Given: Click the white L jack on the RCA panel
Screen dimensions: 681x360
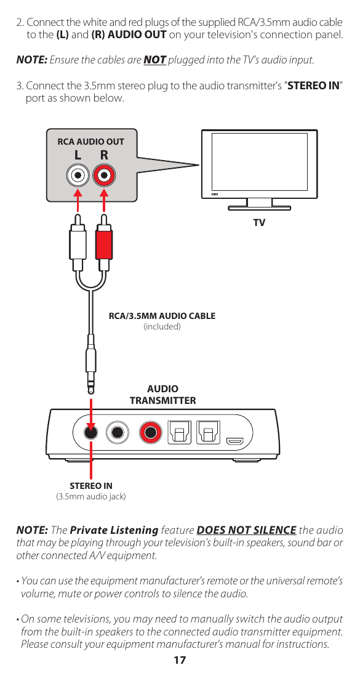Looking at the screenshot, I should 78,175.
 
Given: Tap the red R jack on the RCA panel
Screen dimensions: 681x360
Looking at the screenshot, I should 105,175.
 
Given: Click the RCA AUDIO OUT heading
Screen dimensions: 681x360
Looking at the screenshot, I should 90,142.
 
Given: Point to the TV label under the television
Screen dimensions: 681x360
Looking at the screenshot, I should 259,222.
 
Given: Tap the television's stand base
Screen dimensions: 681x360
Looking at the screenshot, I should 260,208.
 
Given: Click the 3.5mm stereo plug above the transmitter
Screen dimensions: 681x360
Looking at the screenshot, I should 91,366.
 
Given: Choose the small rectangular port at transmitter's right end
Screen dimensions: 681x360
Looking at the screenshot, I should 234,441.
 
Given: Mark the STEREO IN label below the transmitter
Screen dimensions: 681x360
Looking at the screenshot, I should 91,486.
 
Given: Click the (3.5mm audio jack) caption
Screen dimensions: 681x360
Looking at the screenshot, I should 91,496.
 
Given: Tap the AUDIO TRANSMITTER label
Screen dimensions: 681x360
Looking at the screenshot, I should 162,395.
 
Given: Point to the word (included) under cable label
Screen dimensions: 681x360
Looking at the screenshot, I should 162,326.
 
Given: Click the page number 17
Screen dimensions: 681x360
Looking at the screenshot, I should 180,661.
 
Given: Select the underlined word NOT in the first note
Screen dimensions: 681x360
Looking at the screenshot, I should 154,60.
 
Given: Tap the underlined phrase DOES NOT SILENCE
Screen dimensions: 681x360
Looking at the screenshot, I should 246,530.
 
